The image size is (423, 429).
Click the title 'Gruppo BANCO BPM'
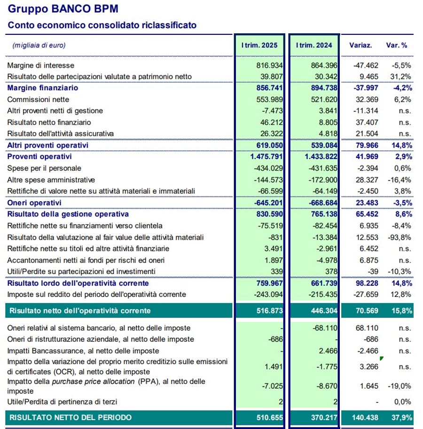coord(63,9)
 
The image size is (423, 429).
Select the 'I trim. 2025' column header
coord(259,46)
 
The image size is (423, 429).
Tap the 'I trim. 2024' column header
coord(314,46)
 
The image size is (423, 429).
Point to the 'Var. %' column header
coord(398,46)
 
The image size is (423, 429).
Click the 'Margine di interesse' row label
coord(41,65)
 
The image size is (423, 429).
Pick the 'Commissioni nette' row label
coord(38,100)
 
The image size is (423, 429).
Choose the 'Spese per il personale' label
coord(44,168)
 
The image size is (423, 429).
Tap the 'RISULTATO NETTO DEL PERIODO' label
coord(70,417)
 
